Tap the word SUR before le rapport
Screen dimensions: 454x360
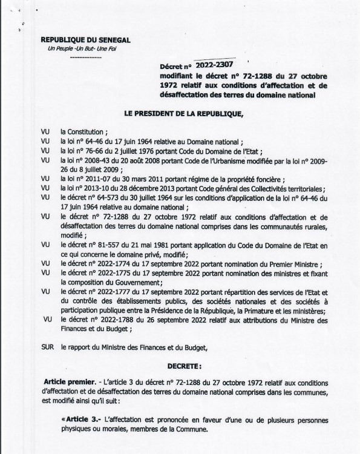(46, 347)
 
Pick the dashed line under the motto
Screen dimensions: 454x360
(82, 58)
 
